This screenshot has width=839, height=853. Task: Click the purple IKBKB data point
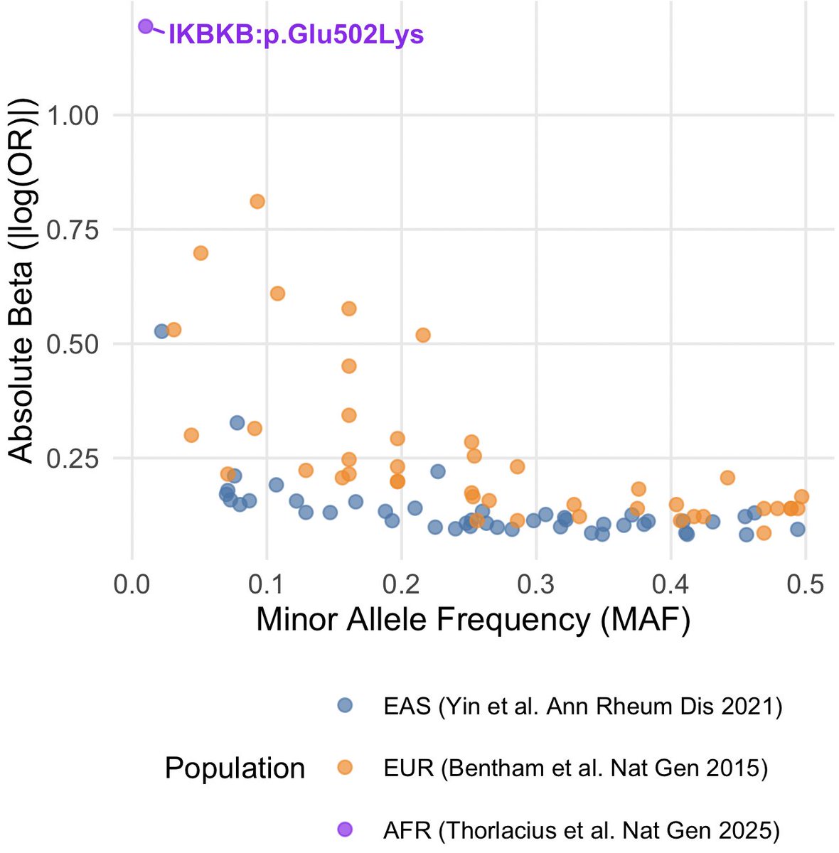(146, 26)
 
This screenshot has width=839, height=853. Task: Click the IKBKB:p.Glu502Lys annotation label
(296, 35)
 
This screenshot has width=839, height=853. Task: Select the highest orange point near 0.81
(257, 201)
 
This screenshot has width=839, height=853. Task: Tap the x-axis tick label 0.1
(267, 585)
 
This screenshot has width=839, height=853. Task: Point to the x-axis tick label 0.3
(536, 585)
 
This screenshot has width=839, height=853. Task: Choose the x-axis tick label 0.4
(671, 585)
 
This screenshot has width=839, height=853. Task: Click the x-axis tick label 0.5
(806, 585)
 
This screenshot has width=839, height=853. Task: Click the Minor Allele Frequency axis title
(473, 620)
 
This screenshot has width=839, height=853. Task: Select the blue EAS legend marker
(345, 706)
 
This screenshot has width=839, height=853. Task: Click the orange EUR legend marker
(345, 768)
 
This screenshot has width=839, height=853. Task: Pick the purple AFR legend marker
(345, 829)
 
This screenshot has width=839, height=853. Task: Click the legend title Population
(235, 768)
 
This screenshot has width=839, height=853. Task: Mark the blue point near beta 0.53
(161, 331)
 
